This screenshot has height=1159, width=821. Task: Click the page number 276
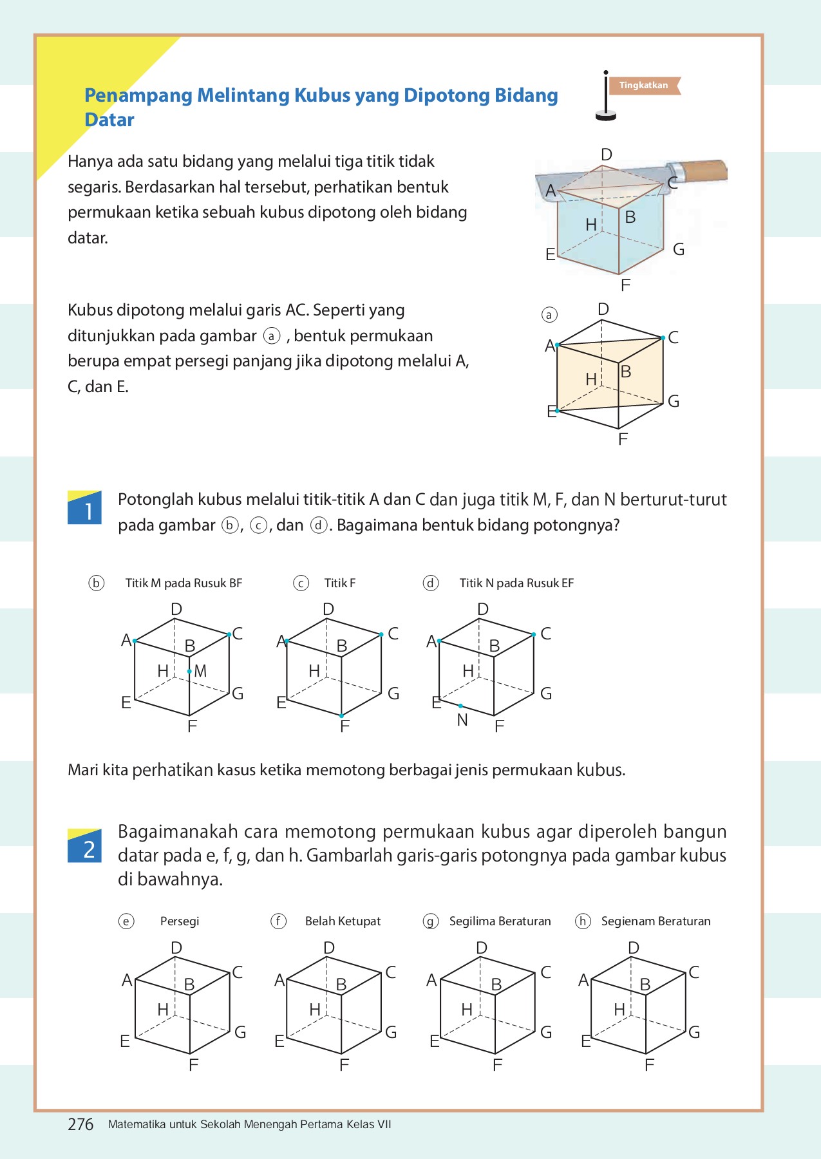coord(80,1124)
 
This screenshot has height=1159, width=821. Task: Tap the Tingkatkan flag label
coord(643,86)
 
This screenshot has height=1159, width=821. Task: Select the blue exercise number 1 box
coord(84,509)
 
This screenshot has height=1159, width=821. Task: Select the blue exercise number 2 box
coord(84,847)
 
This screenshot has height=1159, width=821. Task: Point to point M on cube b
coord(189,672)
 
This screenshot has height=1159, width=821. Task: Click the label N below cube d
coord(462,721)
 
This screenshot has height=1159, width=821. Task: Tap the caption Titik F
coord(339,583)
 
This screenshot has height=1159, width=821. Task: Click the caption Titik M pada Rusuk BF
coord(184,583)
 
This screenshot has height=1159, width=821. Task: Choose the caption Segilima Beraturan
coord(500,921)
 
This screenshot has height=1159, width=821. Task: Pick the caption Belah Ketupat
coord(343,921)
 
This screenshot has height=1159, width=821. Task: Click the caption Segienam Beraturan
coord(656,921)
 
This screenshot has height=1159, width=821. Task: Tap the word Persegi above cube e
coord(180,921)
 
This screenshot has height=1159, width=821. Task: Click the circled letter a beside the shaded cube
coord(549,315)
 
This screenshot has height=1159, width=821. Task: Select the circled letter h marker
coord(583,921)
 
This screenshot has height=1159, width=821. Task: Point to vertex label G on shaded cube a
coord(674,401)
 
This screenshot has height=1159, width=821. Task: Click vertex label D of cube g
coord(482,948)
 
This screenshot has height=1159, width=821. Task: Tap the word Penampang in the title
coord(138,95)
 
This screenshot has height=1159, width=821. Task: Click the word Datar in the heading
coord(109,120)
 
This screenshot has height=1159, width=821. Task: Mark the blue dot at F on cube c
coord(341,716)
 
